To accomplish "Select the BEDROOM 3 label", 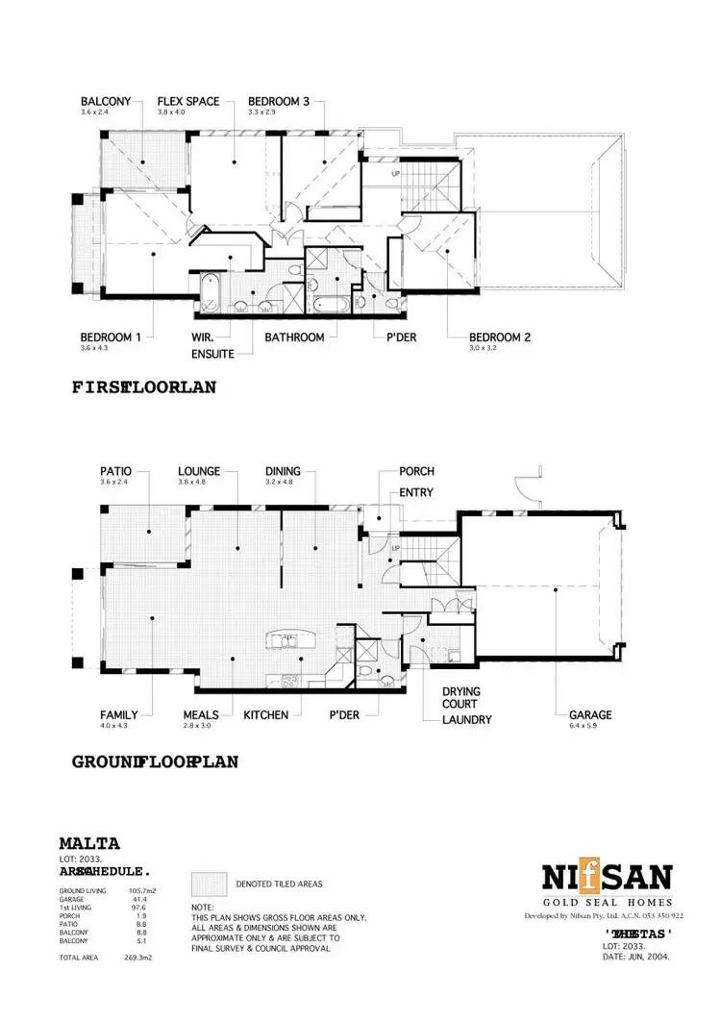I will (279, 101).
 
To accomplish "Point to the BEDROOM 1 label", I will (112, 337).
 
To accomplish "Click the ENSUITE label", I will (212, 354).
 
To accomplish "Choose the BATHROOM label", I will (294, 337).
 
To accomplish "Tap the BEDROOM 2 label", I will (500, 337).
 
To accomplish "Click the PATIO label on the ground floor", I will (115, 471).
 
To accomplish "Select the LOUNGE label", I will (199, 471).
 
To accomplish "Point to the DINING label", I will (284, 471).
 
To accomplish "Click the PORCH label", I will (417, 471).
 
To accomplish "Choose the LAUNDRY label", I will (467, 719).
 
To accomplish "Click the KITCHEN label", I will (267, 715).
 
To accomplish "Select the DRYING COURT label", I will (461, 698).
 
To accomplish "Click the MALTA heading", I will (89, 843).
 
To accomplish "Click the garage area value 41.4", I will (137, 899).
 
